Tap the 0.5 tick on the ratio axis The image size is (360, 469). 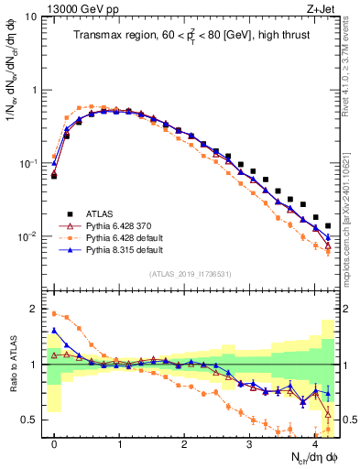tap(29, 420)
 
